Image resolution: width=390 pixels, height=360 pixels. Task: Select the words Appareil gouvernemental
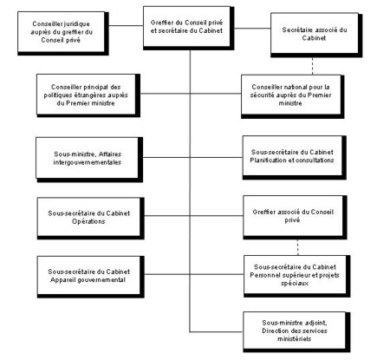point(84,280)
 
